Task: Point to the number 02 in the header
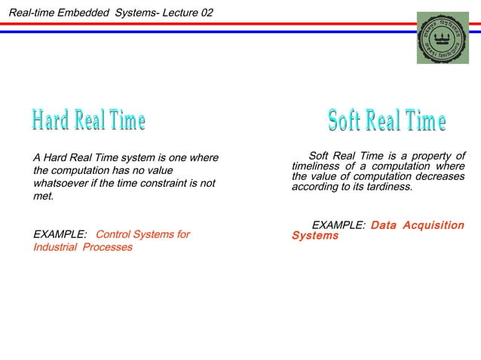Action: pyautogui.click(x=206, y=8)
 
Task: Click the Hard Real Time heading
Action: pyautogui.click(x=88, y=120)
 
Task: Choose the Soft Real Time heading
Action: pyautogui.click(x=387, y=121)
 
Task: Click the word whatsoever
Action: pyautogui.click(x=60, y=184)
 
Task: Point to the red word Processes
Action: pyautogui.click(x=109, y=247)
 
